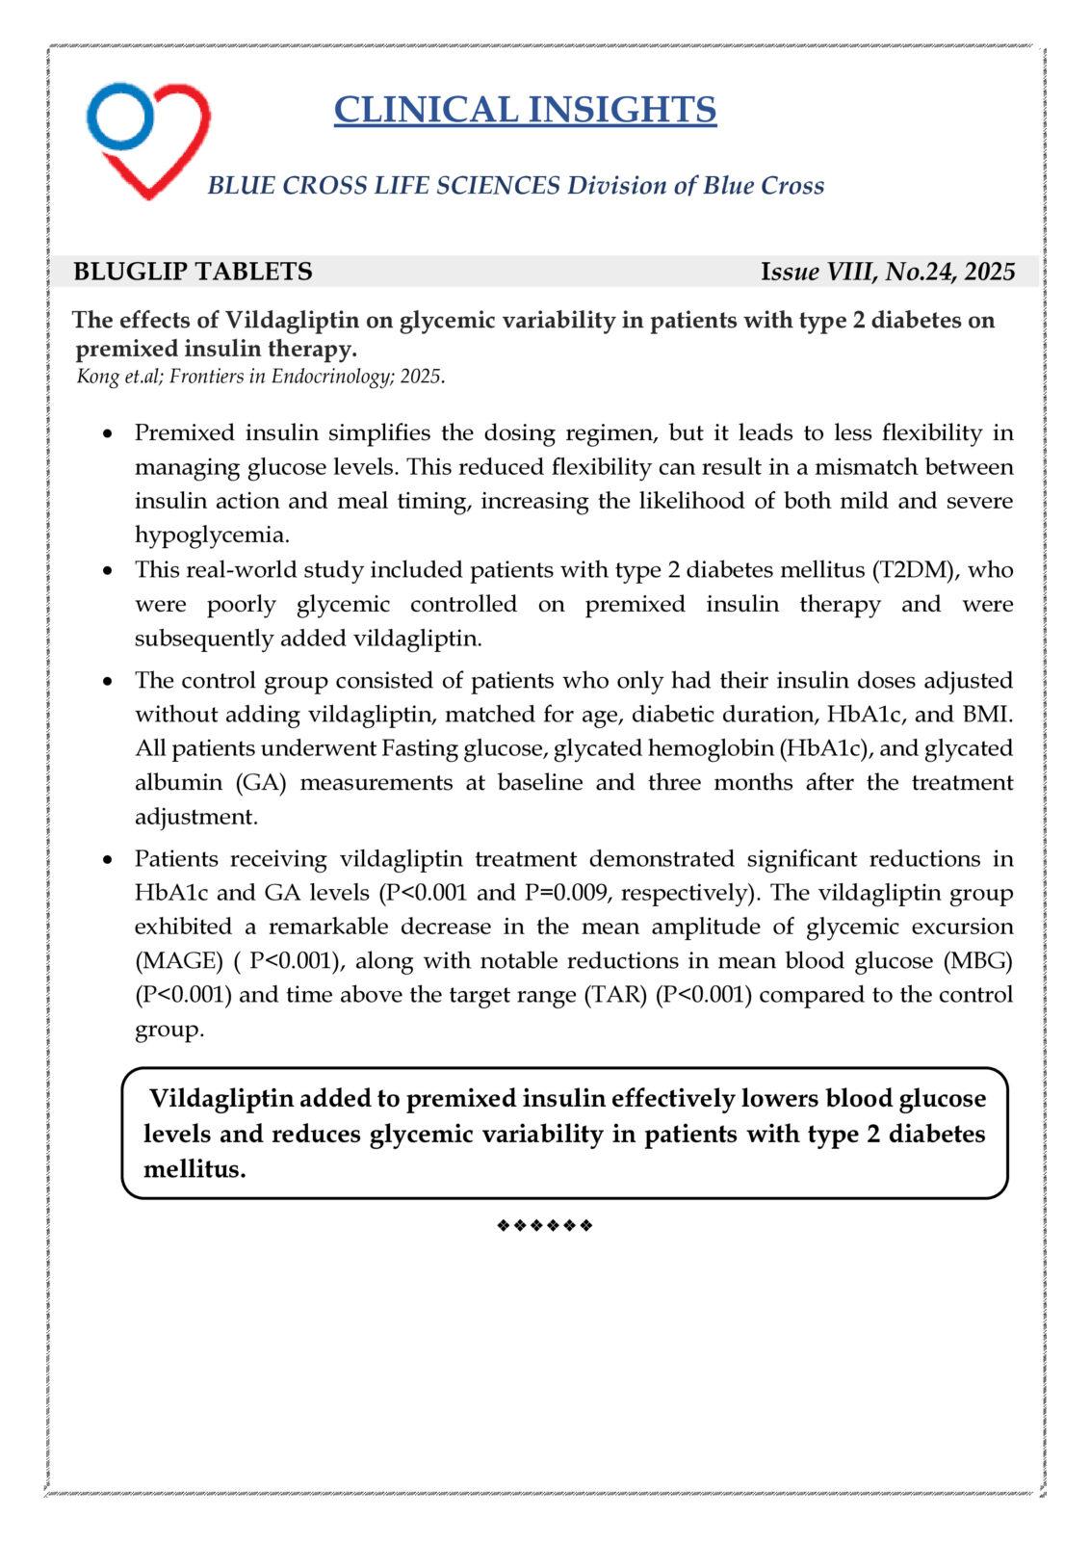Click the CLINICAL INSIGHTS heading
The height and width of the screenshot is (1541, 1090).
pos(525,110)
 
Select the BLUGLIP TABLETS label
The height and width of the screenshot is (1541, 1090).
pos(193,272)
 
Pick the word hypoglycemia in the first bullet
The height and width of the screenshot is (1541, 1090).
pos(212,535)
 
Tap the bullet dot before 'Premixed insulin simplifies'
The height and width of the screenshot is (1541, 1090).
pos(111,433)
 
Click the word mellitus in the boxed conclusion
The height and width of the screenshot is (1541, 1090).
pos(194,1169)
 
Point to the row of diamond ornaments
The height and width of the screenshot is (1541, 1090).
pos(545,1225)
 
